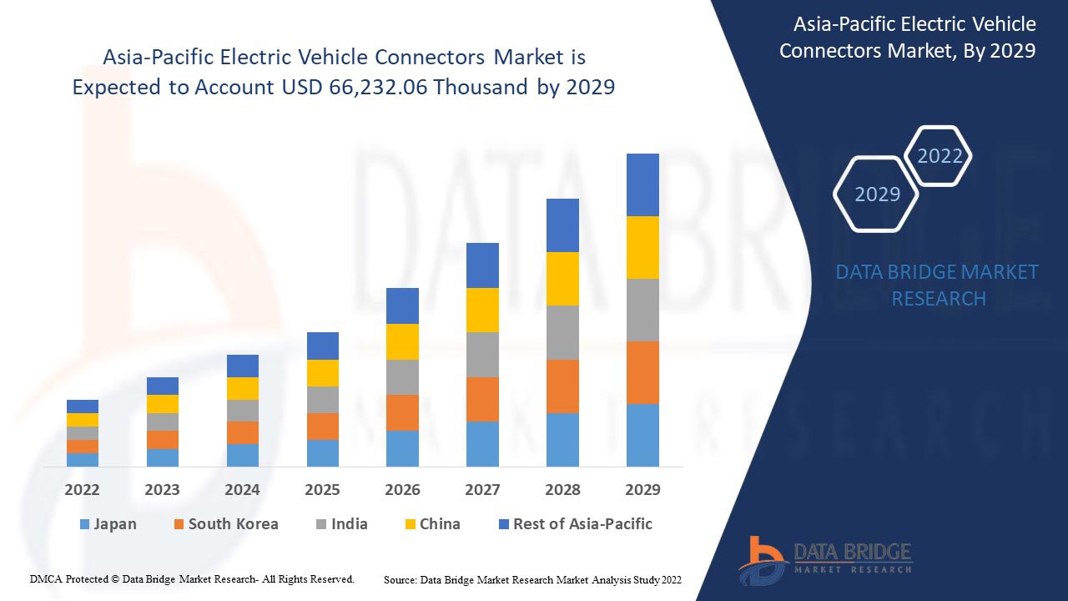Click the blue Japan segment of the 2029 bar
(642, 435)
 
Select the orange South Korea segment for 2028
(562, 386)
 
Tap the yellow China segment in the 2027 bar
(482, 310)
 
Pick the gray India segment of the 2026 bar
(402, 377)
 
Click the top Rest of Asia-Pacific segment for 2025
(323, 346)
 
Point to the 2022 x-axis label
(82, 490)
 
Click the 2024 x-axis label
(242, 490)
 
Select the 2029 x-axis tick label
(642, 490)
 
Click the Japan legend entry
(108, 524)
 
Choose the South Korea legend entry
(225, 524)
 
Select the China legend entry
(431, 524)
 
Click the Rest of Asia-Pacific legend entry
(575, 524)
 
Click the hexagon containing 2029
(877, 194)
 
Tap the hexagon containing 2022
(940, 156)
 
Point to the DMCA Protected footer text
(192, 578)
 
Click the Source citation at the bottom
(532, 579)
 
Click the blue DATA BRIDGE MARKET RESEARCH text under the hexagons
(938, 285)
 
